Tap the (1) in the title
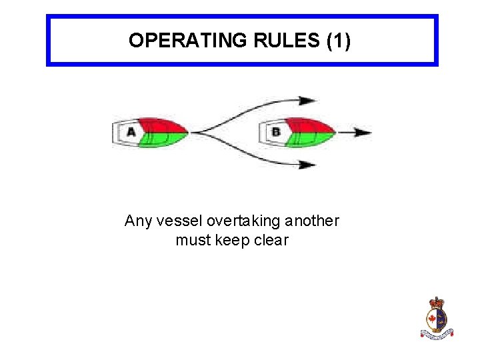click(338, 41)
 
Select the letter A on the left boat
click(131, 132)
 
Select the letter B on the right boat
click(276, 132)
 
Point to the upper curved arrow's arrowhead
click(308, 101)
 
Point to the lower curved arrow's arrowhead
click(308, 164)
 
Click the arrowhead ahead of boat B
click(363, 132)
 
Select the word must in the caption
click(191, 240)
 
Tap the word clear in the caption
click(272, 240)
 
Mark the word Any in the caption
click(138, 221)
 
